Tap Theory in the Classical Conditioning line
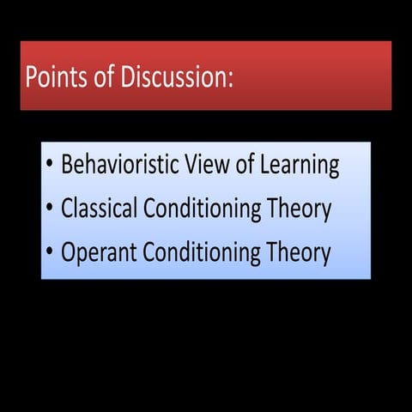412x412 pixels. [x=300, y=209]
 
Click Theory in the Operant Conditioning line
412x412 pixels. [x=297, y=254]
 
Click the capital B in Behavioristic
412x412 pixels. [x=68, y=165]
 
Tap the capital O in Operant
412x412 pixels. [x=69, y=253]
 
